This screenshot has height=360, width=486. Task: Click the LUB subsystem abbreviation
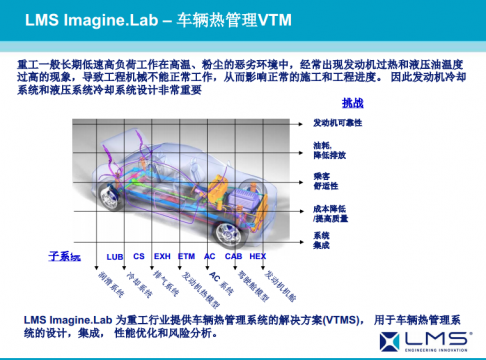tap(115, 256)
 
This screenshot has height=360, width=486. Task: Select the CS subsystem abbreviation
tap(139, 256)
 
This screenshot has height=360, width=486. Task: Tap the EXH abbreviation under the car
tap(162, 256)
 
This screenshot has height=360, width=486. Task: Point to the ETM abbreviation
tap(186, 256)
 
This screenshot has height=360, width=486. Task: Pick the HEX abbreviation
tap(258, 256)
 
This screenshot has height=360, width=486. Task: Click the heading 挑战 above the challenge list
tap(353, 103)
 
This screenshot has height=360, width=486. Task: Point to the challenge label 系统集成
tap(321, 240)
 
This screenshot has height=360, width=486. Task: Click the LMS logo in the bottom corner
tap(439, 338)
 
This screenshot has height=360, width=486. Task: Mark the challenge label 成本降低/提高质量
tap(331, 212)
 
